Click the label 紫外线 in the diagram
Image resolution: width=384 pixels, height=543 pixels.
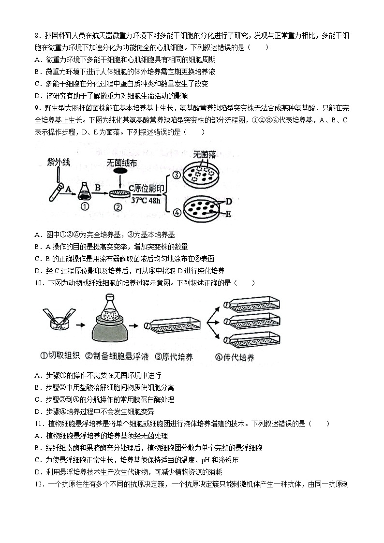tap(58, 162)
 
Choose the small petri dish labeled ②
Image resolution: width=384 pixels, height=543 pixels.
tap(119, 194)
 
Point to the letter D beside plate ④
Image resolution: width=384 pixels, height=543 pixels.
tap(229, 201)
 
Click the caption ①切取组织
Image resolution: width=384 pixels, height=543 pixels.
tap(60, 357)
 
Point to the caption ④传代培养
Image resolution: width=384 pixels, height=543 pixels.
tap(235, 357)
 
